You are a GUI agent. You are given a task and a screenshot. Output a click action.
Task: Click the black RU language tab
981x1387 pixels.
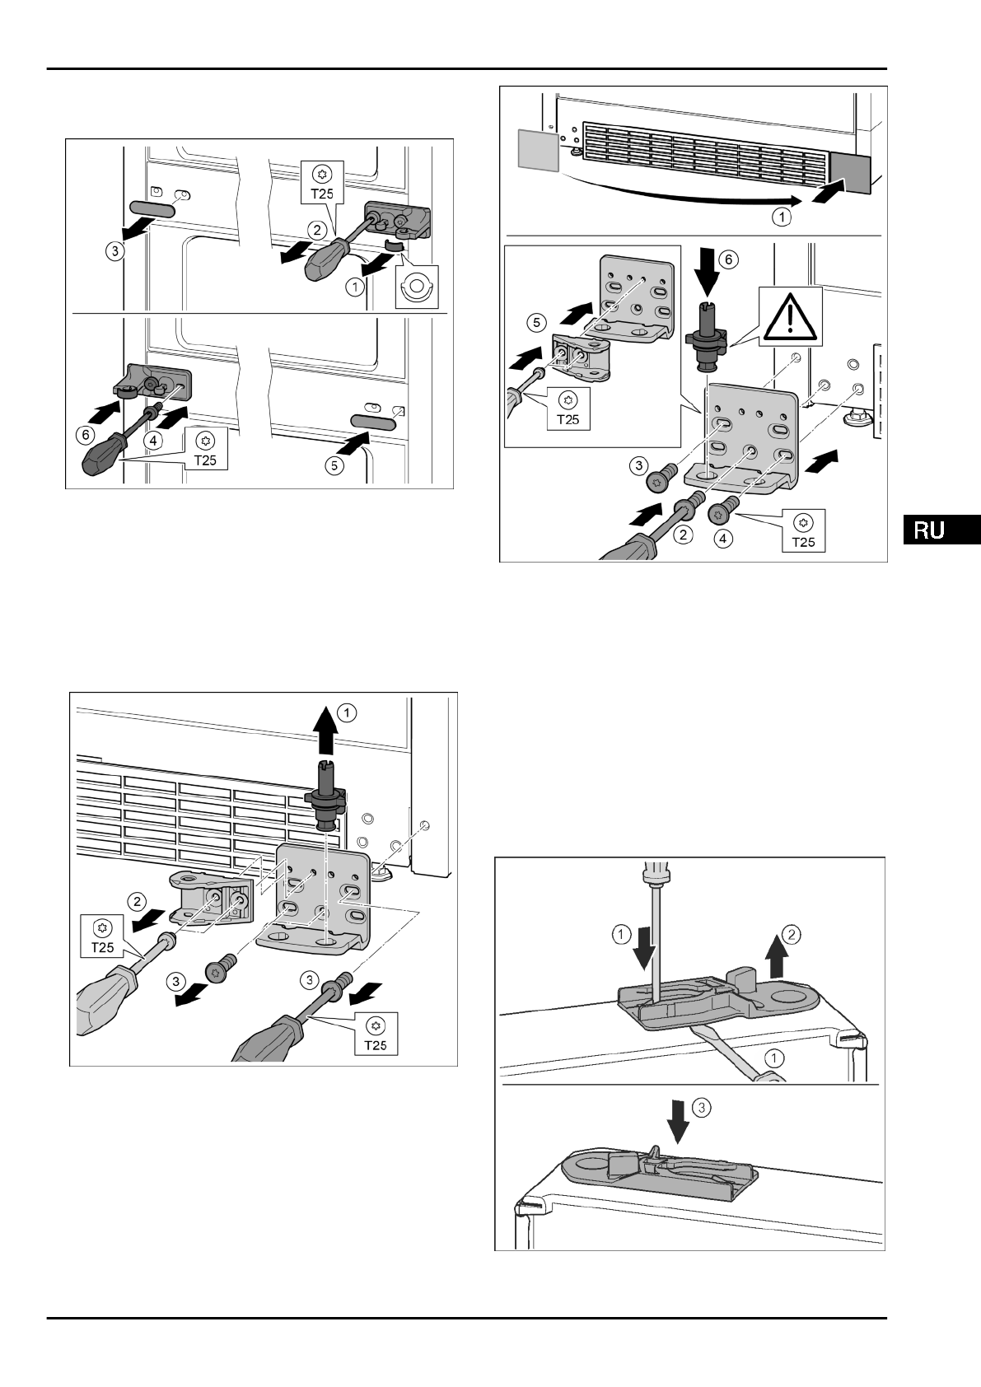pyautogui.click(x=940, y=530)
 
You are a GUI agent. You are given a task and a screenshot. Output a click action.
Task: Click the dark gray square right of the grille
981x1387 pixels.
pyautogui.click(x=850, y=172)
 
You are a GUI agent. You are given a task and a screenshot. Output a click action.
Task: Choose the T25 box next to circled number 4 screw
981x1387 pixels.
pyautogui.click(x=803, y=530)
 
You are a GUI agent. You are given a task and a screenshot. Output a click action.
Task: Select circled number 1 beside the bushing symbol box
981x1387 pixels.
pyautogui.click(x=355, y=287)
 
